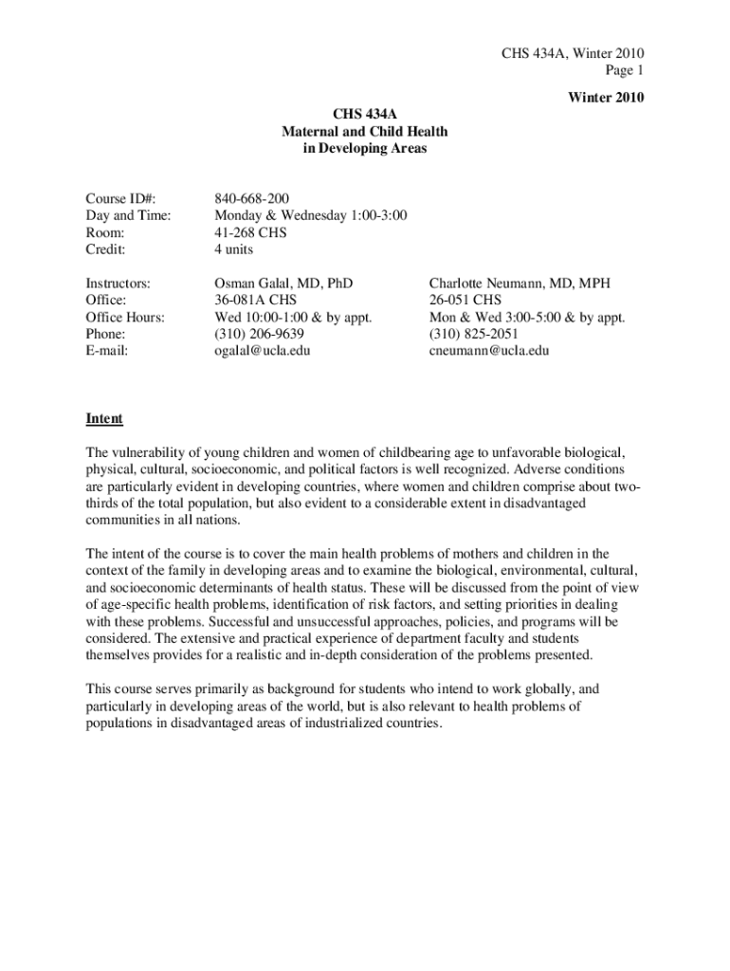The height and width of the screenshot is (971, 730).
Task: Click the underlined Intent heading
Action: pyautogui.click(x=104, y=418)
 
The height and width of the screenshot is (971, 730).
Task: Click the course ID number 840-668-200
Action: pyautogui.click(x=252, y=198)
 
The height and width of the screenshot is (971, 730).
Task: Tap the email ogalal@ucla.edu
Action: pyautogui.click(x=263, y=351)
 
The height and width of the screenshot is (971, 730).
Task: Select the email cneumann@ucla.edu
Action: pyautogui.click(x=489, y=351)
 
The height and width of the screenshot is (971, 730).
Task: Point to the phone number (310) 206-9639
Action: pyautogui.click(x=260, y=334)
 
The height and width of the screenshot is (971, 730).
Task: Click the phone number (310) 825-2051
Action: pyautogui.click(x=474, y=334)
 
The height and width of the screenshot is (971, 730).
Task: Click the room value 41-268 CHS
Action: pyautogui.click(x=250, y=232)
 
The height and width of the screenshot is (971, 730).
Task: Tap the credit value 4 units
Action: pyautogui.click(x=234, y=249)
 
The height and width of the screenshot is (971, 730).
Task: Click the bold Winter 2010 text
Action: pyautogui.click(x=606, y=97)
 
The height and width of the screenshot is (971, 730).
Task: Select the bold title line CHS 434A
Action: pyautogui.click(x=364, y=114)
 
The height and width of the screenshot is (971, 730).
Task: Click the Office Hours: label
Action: pyautogui.click(x=125, y=317)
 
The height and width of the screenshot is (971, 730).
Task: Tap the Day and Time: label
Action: pyautogui.click(x=128, y=215)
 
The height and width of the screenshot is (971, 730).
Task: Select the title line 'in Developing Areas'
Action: pyautogui.click(x=364, y=148)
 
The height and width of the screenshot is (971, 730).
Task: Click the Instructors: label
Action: pyautogui.click(x=118, y=283)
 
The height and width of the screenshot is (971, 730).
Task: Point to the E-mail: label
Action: pyautogui.click(x=107, y=351)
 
